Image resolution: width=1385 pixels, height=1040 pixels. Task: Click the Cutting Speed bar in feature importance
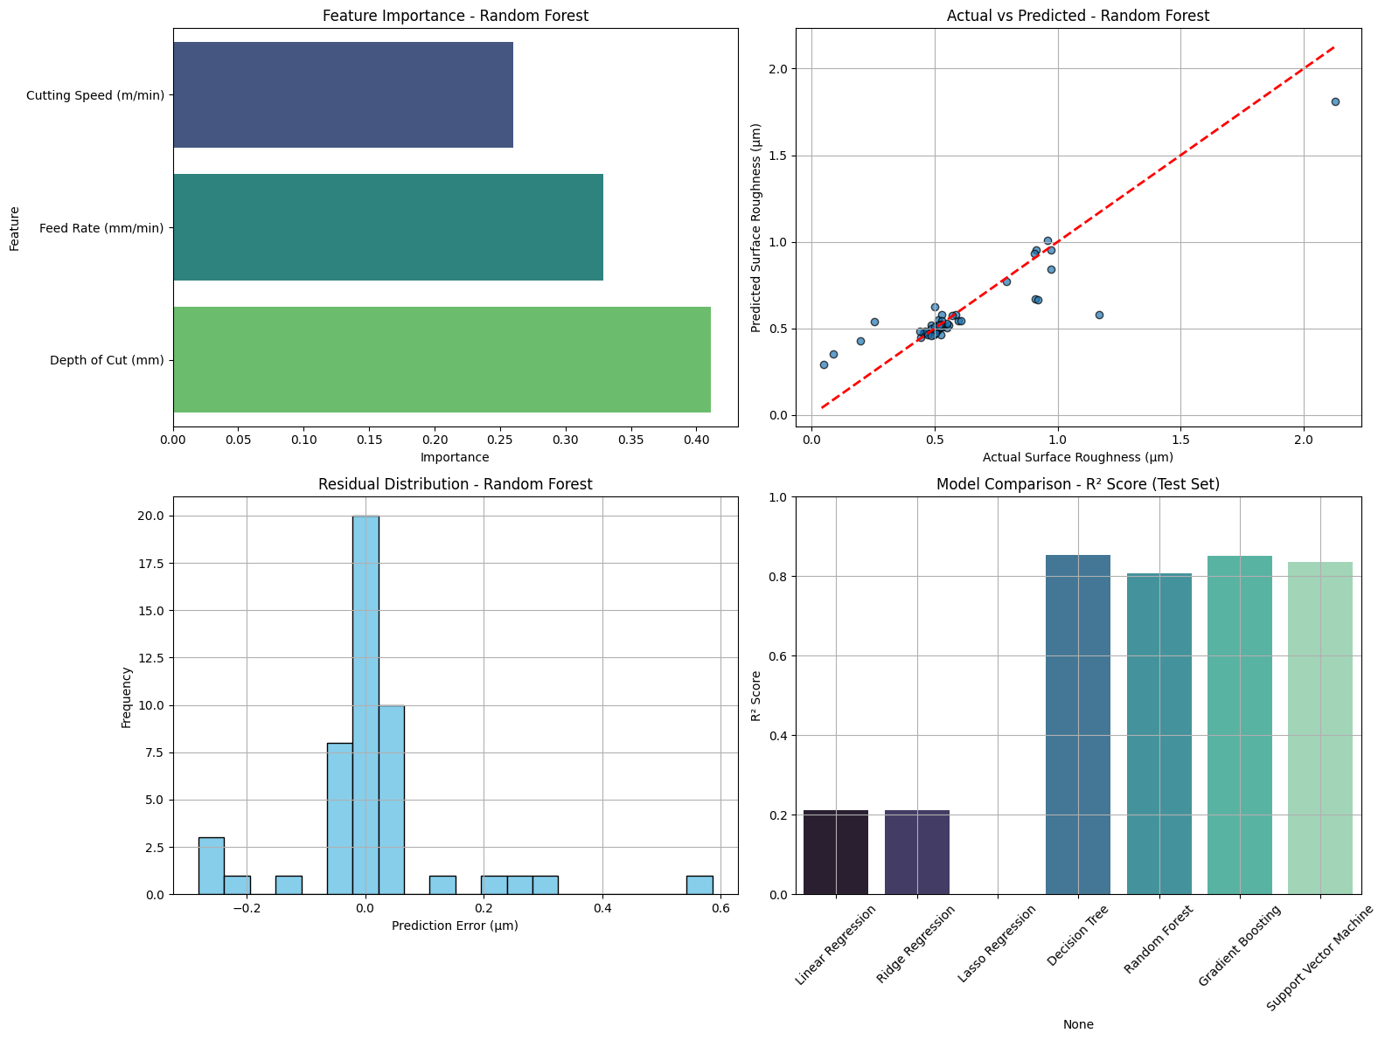(343, 95)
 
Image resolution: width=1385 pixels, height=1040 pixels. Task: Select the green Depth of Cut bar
(442, 359)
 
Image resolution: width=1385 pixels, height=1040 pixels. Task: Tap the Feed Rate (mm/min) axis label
(101, 228)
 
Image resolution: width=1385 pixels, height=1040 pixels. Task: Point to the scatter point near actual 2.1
(1335, 101)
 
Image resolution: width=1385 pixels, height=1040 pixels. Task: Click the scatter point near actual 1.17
(1099, 315)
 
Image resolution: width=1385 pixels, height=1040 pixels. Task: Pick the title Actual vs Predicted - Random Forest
(1078, 16)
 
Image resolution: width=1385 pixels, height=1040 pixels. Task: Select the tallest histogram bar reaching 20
(365, 704)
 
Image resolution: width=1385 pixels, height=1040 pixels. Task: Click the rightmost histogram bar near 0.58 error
(699, 884)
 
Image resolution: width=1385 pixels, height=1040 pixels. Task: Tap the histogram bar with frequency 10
(392, 800)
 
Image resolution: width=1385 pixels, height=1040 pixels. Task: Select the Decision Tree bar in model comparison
(1078, 725)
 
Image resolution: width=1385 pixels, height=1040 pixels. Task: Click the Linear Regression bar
(836, 852)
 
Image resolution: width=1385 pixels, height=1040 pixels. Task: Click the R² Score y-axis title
(756, 696)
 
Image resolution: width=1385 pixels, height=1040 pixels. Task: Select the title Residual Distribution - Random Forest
(455, 484)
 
